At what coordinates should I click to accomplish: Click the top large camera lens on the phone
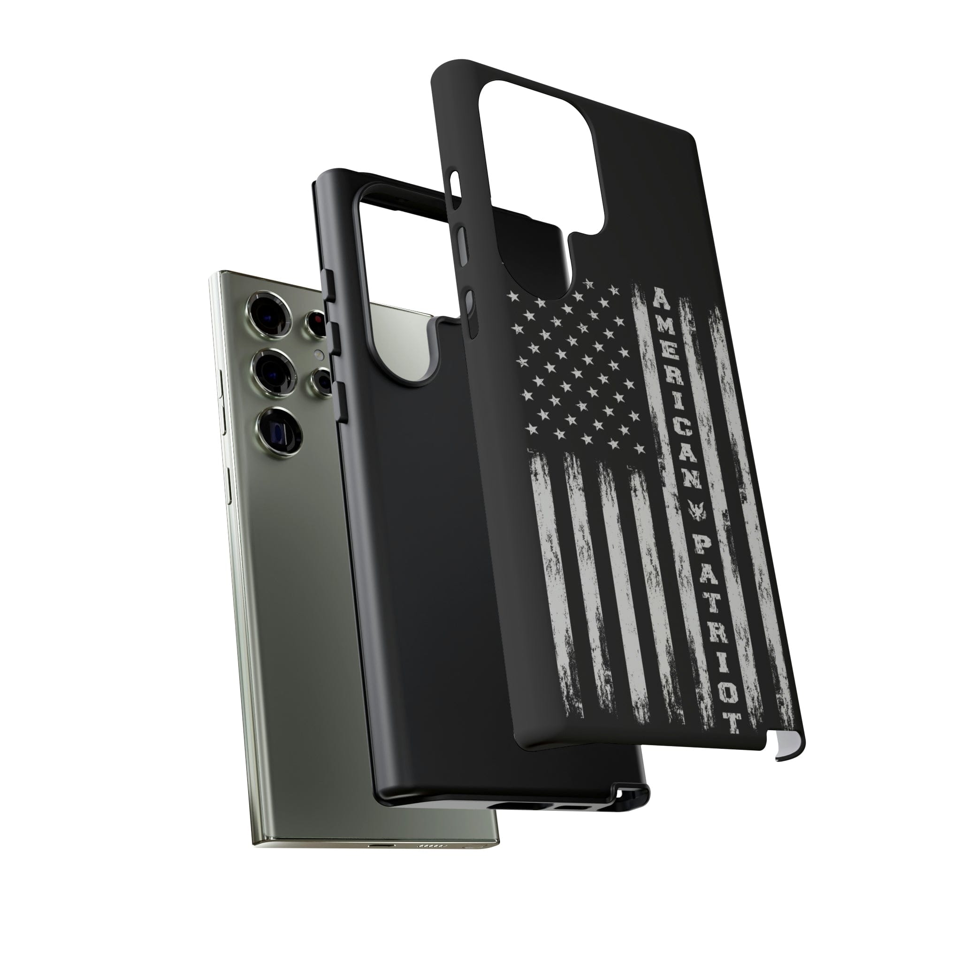point(271,311)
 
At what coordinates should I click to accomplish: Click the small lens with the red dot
point(316,323)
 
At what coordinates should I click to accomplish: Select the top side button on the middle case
point(328,286)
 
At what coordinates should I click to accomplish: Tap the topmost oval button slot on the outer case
point(454,184)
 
